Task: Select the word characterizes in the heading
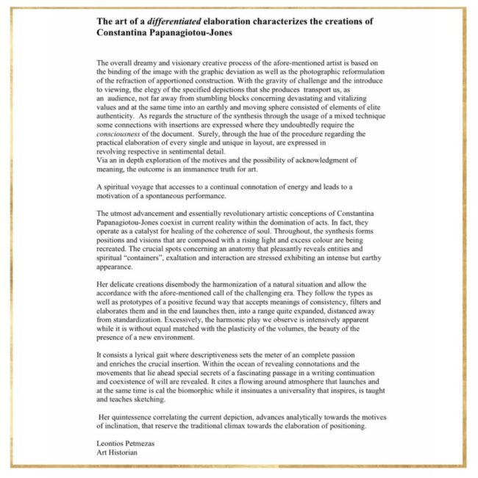[x=268, y=21]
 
